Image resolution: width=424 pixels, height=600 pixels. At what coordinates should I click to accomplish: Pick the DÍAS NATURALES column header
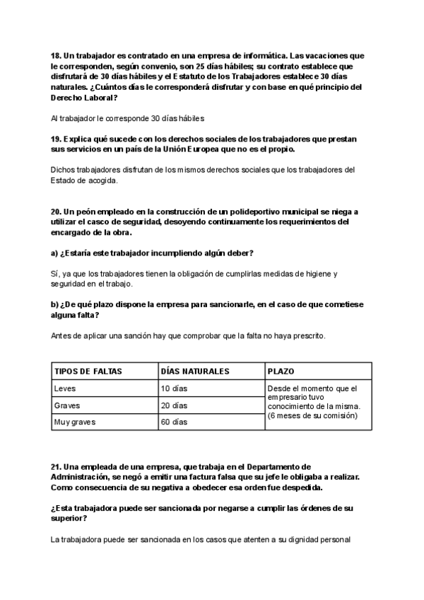coord(195,371)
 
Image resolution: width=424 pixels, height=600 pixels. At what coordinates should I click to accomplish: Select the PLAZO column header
coord(281,371)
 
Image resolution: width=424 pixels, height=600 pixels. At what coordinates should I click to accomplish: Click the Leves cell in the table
coord(64,388)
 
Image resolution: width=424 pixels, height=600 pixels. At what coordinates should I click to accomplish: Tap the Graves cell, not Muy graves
coord(67,405)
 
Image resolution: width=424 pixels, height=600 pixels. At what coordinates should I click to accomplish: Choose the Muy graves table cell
coord(74,422)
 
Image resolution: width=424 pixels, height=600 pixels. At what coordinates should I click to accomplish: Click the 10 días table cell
coord(174,388)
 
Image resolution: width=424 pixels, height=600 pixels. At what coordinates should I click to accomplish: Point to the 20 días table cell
coord(174,405)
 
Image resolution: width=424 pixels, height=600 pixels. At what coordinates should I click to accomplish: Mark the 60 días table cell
coord(174,422)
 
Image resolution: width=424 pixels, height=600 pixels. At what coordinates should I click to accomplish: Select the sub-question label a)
coord(55,253)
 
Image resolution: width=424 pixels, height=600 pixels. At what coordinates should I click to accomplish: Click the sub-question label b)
coord(55,305)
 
